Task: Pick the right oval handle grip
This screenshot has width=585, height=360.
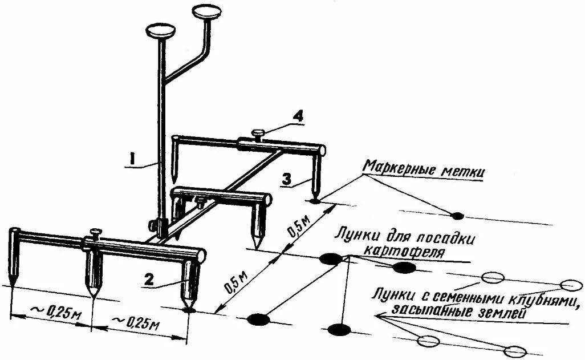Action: [x=206, y=12]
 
